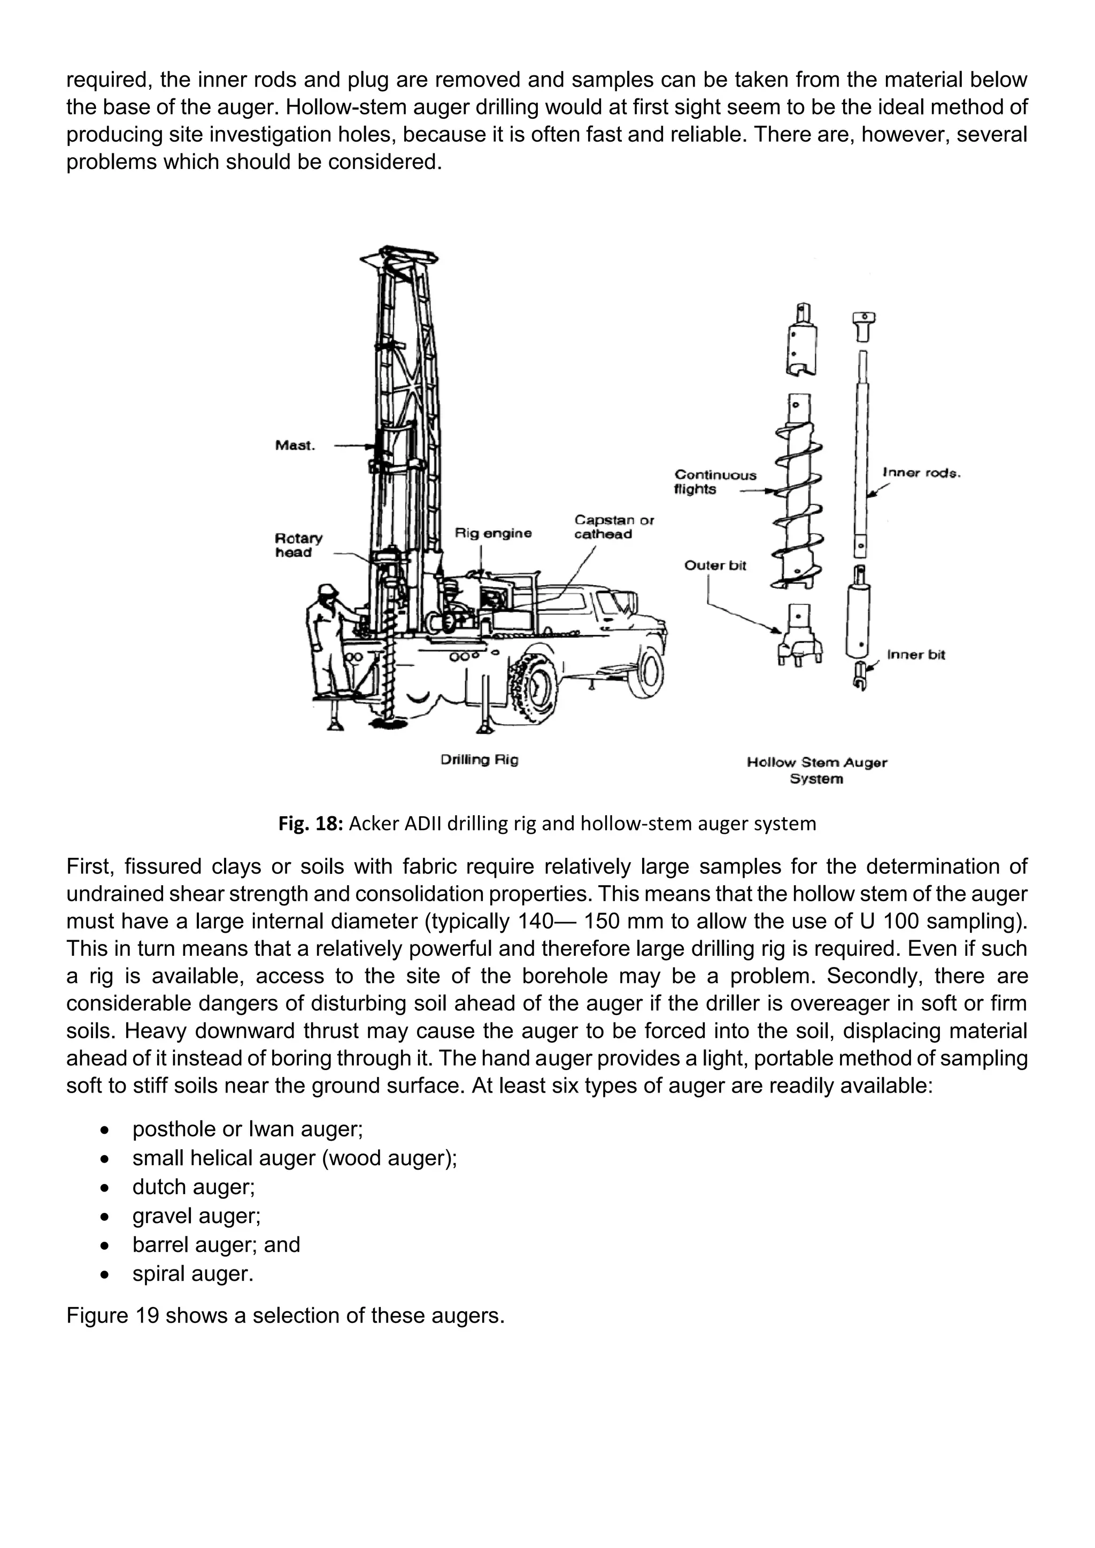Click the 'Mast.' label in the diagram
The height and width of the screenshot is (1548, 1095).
point(295,446)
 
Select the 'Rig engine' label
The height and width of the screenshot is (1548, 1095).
point(493,533)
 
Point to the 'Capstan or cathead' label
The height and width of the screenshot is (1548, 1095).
point(614,527)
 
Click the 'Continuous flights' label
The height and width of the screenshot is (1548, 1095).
point(715,482)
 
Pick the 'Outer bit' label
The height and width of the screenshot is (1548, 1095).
point(715,566)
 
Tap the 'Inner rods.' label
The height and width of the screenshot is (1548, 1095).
point(921,473)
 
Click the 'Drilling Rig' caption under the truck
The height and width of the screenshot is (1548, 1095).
point(480,760)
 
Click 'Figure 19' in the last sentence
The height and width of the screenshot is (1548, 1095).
point(112,1315)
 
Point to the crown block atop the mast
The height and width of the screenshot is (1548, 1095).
point(399,257)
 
